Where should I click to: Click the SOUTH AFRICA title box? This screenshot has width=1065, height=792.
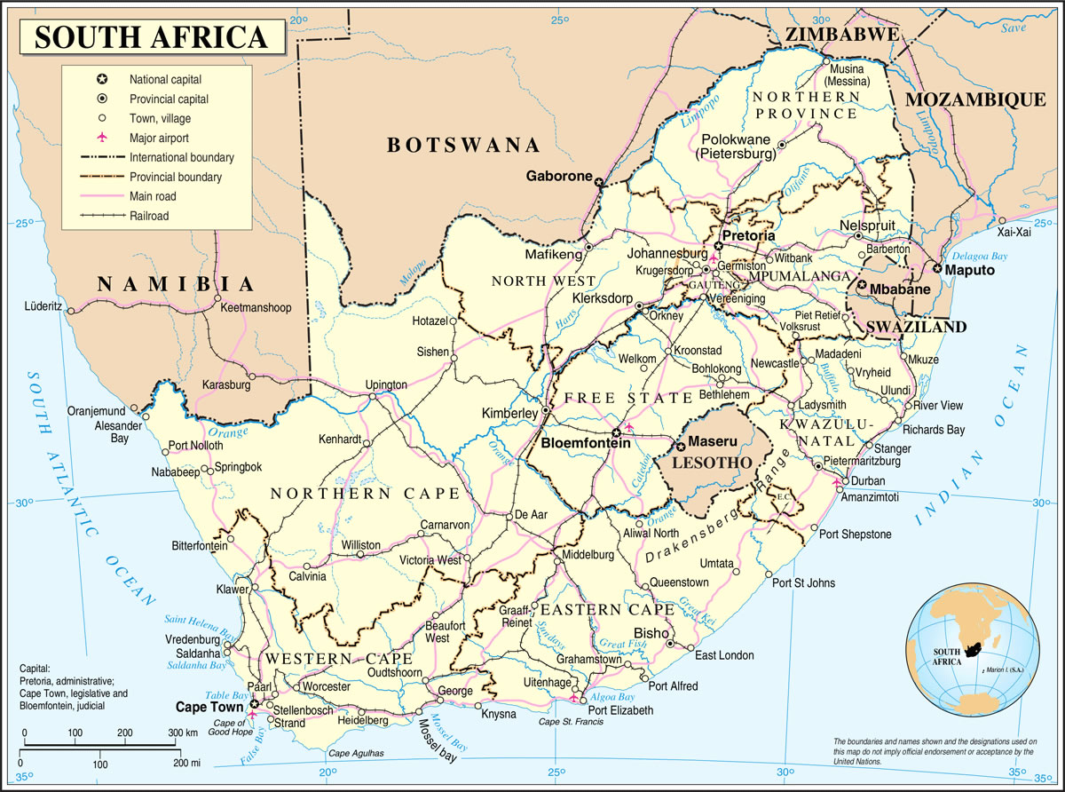point(152,36)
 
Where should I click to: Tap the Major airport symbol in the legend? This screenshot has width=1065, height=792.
point(102,138)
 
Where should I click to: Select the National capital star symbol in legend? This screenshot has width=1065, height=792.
point(102,79)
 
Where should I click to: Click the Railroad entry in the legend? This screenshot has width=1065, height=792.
point(148,216)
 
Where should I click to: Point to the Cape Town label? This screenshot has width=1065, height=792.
point(209,708)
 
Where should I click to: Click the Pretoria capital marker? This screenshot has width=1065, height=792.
point(718,246)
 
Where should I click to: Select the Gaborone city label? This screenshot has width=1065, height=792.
point(558,176)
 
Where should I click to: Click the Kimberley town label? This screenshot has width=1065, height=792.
point(509,414)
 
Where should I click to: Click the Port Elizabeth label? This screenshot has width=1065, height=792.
point(619,710)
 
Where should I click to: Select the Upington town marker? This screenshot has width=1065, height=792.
point(372,396)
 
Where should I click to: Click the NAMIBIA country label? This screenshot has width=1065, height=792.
point(177,283)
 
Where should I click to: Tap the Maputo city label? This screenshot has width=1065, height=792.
point(969,269)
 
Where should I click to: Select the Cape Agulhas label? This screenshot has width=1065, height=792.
point(357,754)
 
